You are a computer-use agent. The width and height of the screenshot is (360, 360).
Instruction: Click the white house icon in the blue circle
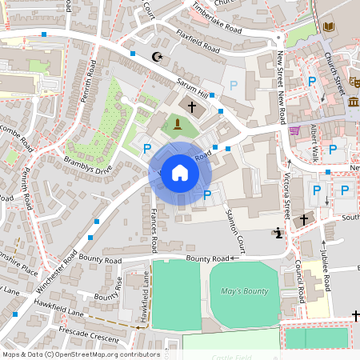(180, 172)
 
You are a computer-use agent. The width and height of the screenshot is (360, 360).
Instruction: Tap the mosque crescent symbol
(157, 56)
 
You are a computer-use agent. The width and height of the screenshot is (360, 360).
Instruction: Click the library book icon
(328, 28)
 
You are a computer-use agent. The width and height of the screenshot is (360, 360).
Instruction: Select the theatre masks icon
(355, 82)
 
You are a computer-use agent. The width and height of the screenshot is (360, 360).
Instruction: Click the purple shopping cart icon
(294, 131)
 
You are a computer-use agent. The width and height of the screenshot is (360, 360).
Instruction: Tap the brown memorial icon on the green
(177, 123)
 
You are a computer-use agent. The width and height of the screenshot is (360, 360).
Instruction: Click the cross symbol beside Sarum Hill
(192, 106)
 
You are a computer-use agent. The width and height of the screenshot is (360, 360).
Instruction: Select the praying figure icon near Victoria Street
(278, 234)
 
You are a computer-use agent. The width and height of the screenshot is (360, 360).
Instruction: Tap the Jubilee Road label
(326, 274)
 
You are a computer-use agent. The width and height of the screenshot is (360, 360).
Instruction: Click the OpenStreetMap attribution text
(81, 354)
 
